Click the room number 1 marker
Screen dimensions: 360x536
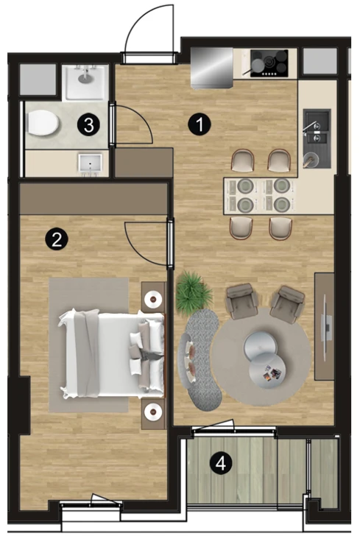[x=200, y=124]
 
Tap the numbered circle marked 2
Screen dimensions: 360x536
[x=57, y=239]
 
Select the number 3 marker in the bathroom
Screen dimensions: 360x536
[x=89, y=124]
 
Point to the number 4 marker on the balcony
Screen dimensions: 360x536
[x=221, y=464]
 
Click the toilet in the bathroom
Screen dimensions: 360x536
[x=43, y=123]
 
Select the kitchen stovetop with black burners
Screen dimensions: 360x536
[x=269, y=63]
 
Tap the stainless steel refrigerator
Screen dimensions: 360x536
[x=211, y=68]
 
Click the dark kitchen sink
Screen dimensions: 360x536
[x=317, y=138]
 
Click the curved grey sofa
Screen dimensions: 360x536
[x=201, y=359]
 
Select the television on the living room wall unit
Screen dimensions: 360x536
[x=328, y=328]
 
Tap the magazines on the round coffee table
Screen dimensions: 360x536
[x=272, y=373]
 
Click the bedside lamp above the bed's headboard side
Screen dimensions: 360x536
[x=153, y=300]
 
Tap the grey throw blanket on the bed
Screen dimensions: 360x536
[x=87, y=353]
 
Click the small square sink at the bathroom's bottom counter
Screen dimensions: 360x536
[x=90, y=163]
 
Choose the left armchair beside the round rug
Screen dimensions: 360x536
[x=241, y=301]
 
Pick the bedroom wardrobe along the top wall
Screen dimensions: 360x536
[x=93, y=199]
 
